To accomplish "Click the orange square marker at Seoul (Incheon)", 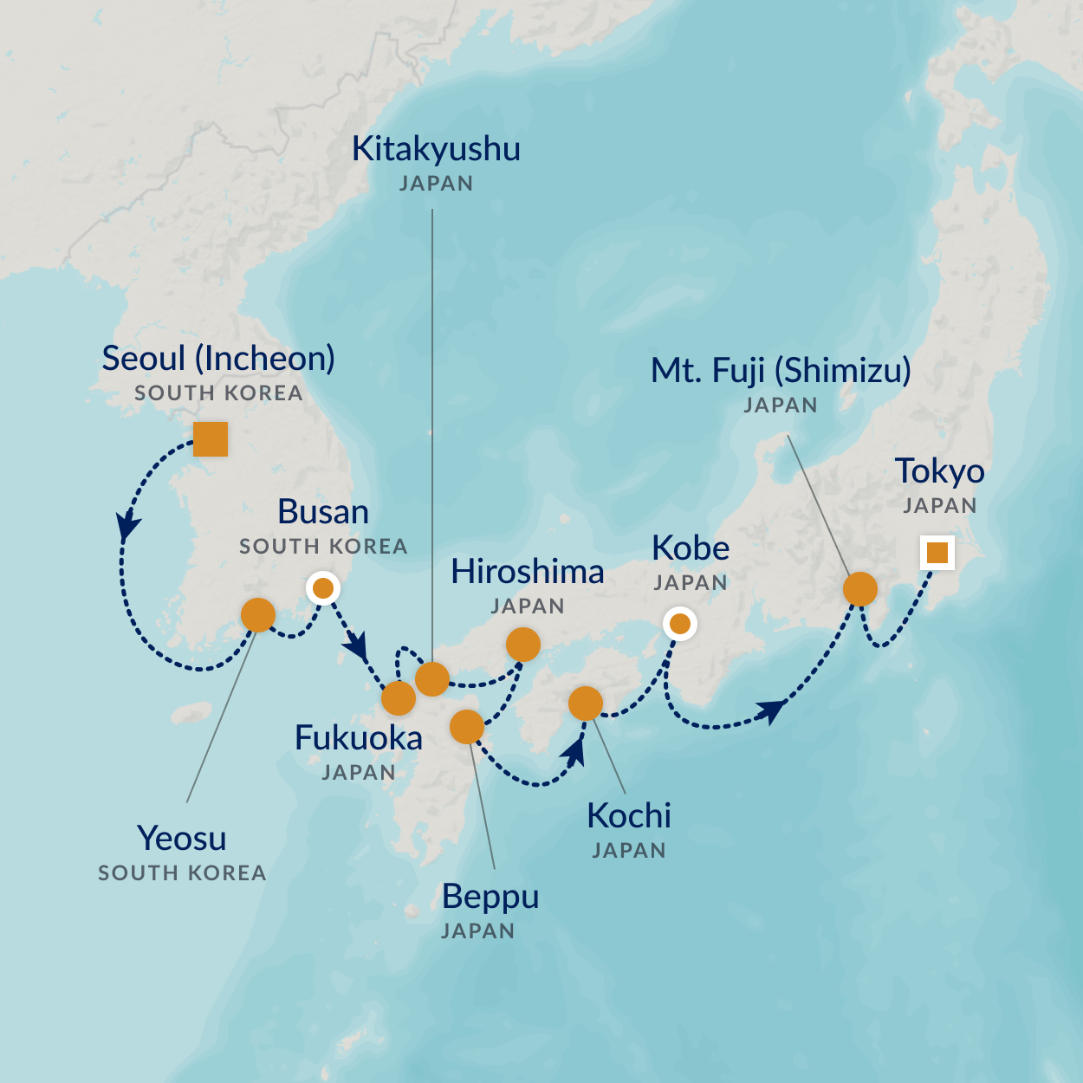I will (211, 439).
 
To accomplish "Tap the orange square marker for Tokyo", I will (937, 552).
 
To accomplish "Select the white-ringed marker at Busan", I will (323, 589).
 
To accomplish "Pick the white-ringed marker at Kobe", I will (680, 623).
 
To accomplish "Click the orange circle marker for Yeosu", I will (258, 615).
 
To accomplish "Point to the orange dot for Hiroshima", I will (523, 645).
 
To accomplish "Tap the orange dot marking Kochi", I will (586, 704).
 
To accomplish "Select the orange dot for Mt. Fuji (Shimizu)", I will (860, 589).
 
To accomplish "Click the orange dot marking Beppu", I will (467, 727).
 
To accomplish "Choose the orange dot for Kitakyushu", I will (432, 678).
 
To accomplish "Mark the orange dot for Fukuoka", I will (399, 697).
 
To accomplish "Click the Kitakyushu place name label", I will (436, 149).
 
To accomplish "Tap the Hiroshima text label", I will (528, 572).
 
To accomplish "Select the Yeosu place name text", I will (182, 839).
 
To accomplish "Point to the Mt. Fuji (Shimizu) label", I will (781, 371).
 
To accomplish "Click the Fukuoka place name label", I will (359, 738).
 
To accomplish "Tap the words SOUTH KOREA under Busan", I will (323, 547).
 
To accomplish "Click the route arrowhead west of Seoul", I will (128, 524).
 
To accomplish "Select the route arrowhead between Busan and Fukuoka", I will (356, 645).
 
